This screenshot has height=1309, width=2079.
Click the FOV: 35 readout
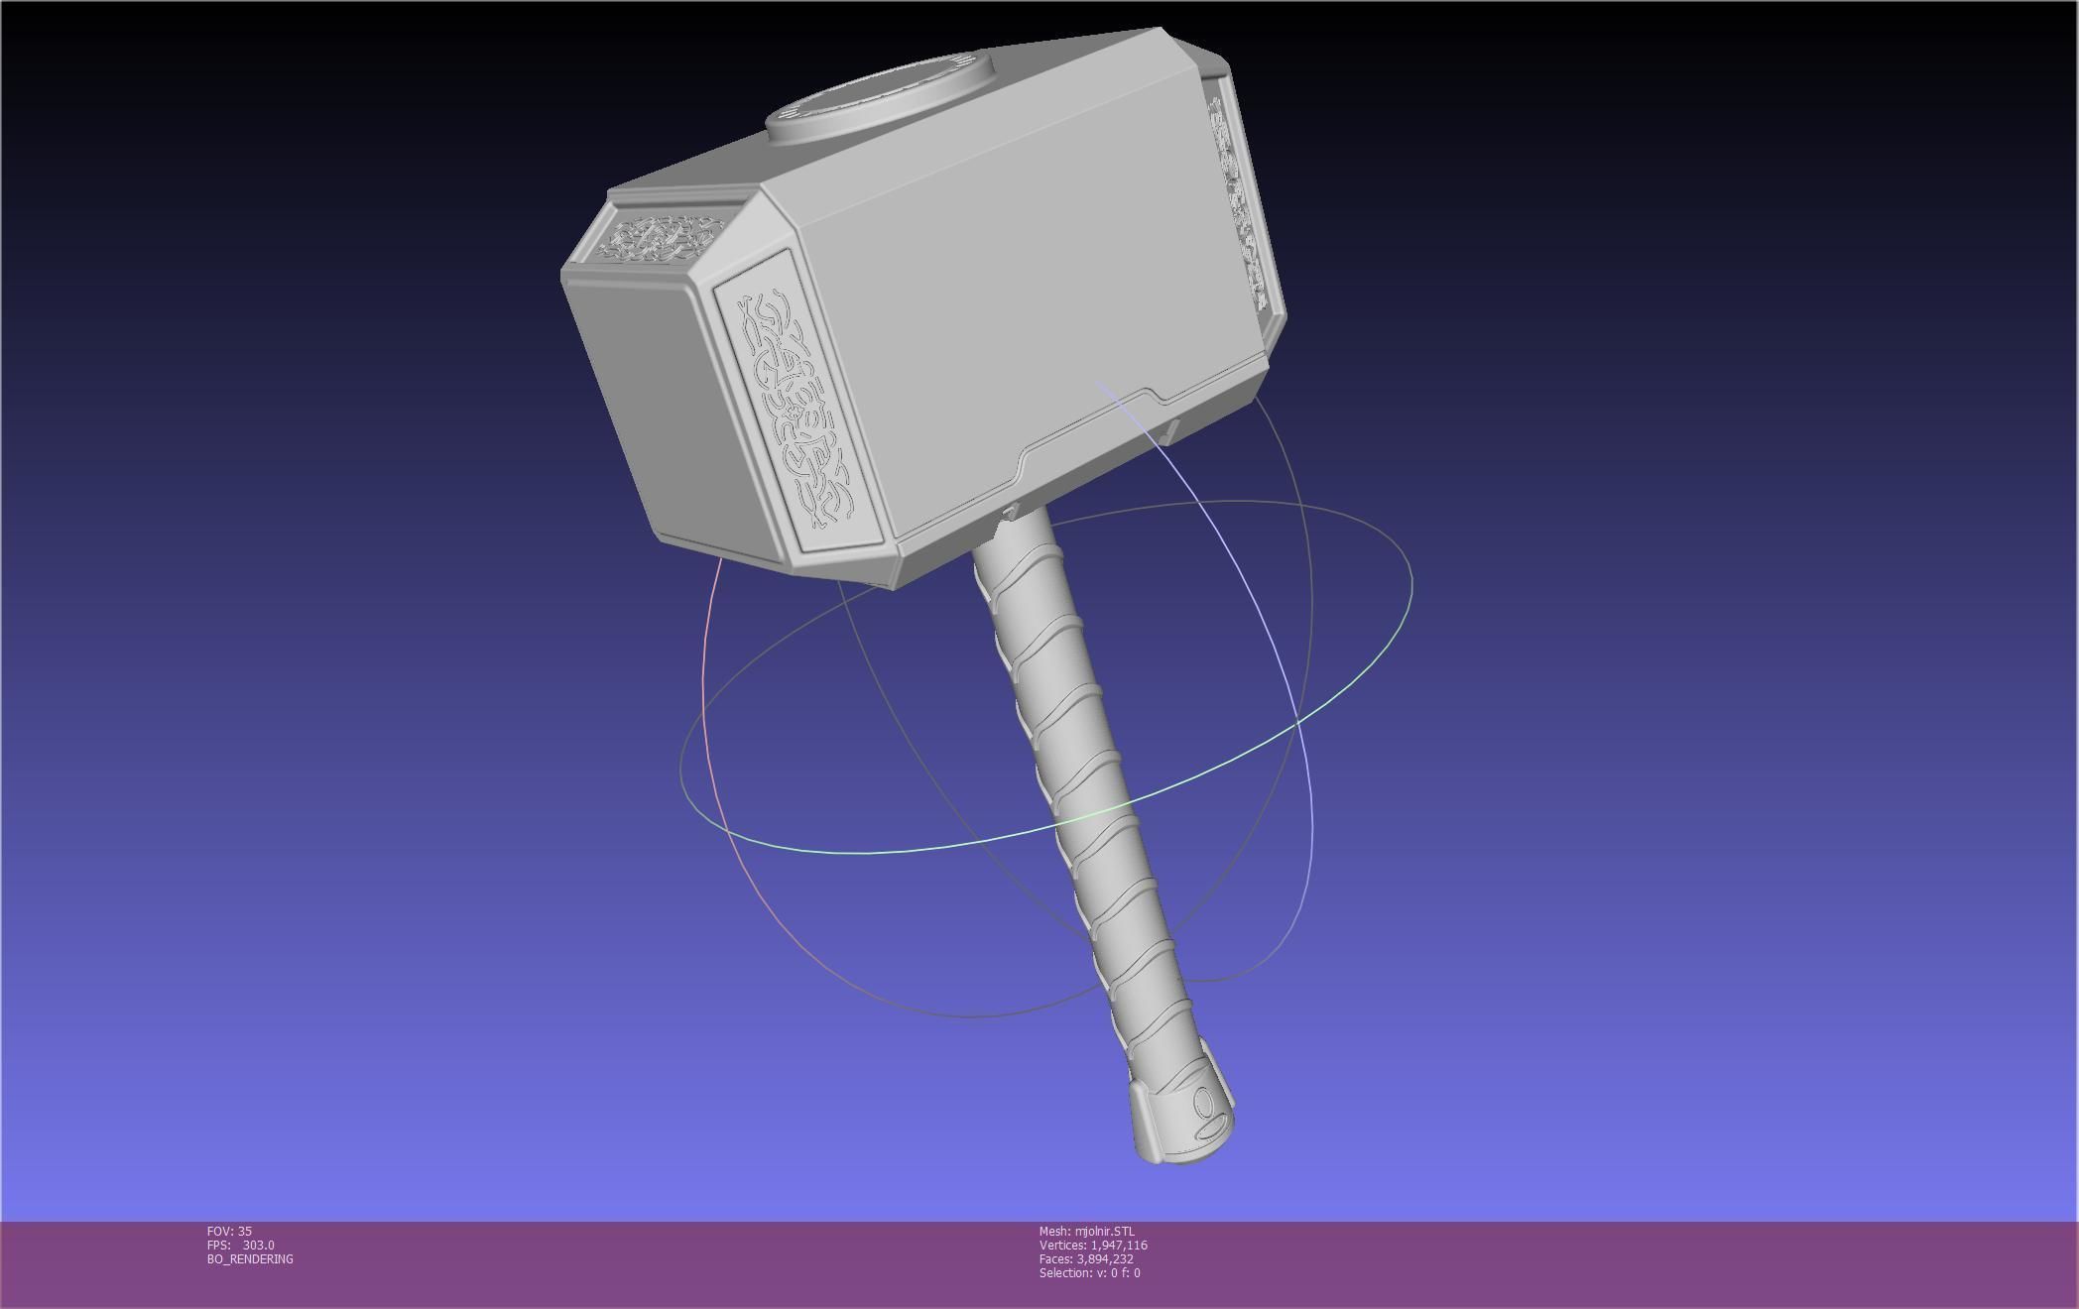229,1231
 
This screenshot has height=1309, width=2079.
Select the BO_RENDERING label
250,1258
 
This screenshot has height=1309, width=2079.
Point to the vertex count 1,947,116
1118,1245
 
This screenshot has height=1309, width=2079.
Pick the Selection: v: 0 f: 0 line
1089,1272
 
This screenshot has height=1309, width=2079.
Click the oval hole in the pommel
1205,1102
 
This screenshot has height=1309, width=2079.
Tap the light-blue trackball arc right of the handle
1289,694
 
